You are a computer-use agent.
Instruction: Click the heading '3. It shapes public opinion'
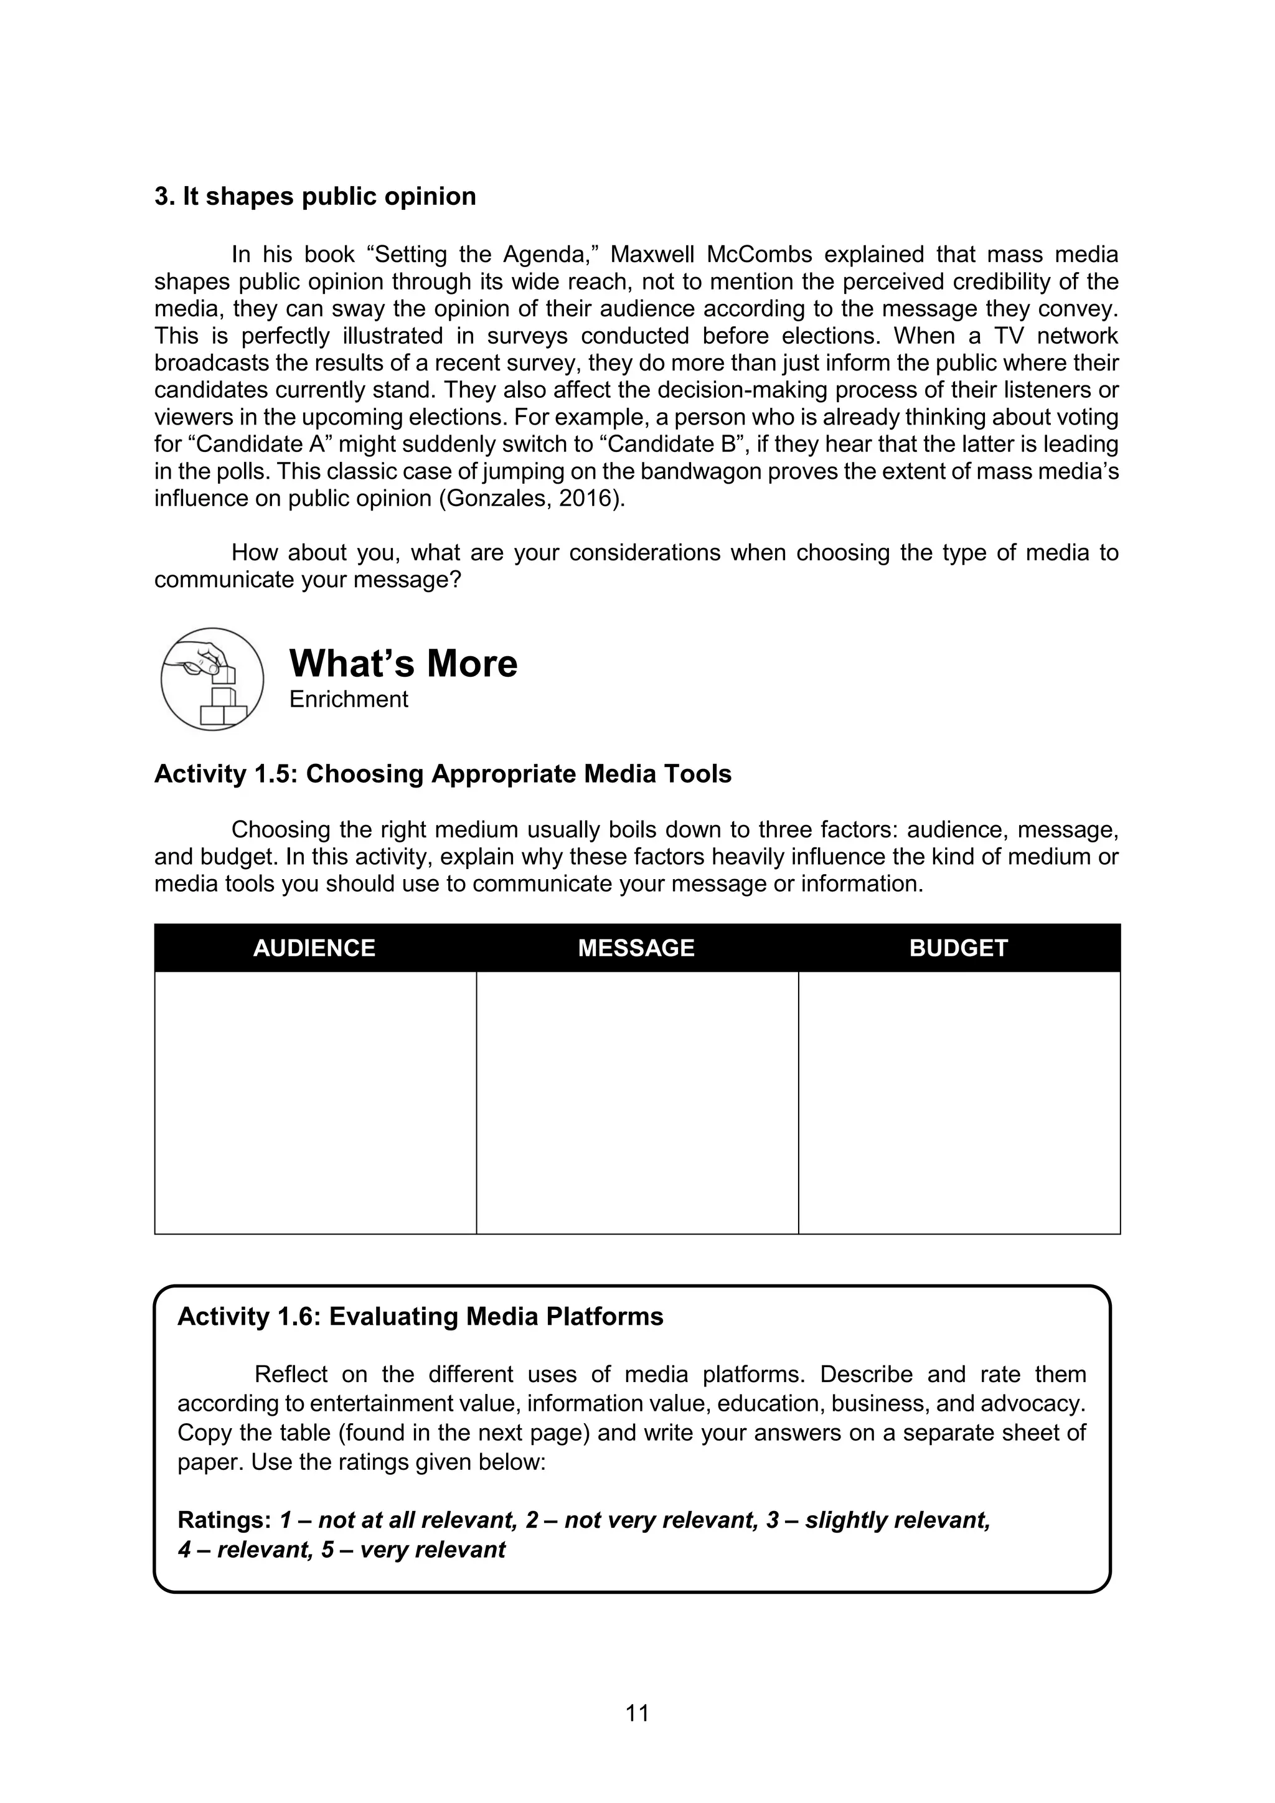[315, 196]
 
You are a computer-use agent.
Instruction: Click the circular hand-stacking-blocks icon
[212, 679]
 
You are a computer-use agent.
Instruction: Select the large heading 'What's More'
[403, 664]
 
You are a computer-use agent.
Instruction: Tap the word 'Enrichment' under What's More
[348, 699]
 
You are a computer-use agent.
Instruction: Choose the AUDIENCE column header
[314, 948]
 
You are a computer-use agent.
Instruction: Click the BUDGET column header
[958, 948]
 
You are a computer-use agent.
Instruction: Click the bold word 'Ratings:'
[225, 1520]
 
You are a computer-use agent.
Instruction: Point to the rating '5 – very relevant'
[413, 1550]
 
